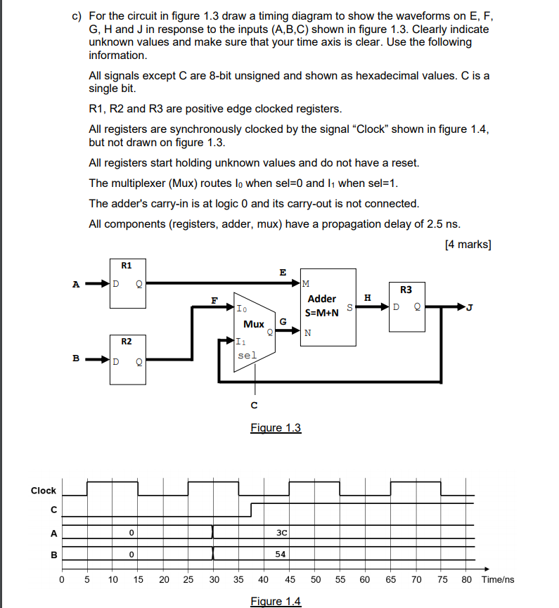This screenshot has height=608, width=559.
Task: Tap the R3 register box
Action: tap(411, 307)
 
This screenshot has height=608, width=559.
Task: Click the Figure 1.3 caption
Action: tap(276, 427)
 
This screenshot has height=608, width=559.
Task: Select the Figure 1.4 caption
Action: tap(276, 601)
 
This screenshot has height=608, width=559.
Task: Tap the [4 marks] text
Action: tap(468, 245)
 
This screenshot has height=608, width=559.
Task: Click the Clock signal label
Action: tap(44, 491)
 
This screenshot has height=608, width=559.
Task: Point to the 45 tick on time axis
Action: tap(289, 580)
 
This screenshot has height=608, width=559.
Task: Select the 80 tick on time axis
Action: tap(466, 580)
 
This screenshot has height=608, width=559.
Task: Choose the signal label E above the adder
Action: tap(283, 272)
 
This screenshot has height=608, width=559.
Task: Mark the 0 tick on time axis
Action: tap(61, 580)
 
